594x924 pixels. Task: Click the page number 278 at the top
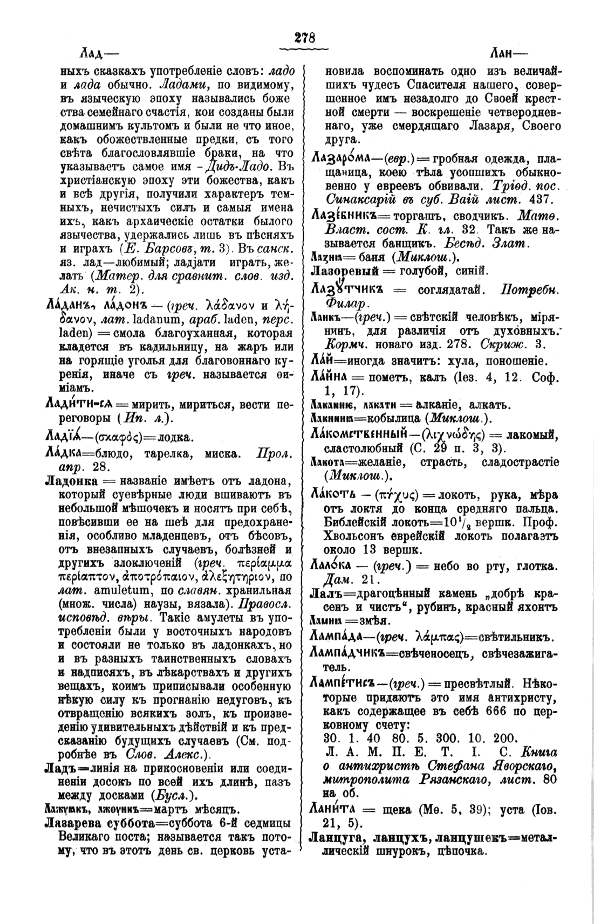(x=304, y=39)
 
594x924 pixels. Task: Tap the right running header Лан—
(x=510, y=53)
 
